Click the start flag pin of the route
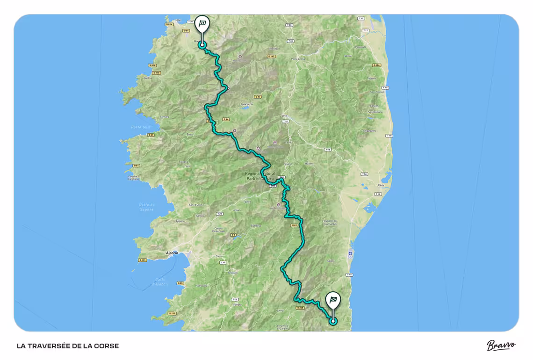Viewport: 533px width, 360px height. coord(202,24)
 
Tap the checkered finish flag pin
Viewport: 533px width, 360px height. coord(333,300)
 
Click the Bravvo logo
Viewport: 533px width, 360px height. coord(501,346)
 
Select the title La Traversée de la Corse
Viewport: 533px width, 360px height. coord(68,346)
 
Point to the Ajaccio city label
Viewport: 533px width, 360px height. coord(172,253)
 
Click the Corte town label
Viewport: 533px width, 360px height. coord(283,115)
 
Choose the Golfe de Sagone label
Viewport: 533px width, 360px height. coord(146,207)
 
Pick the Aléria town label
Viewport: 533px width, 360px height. coord(381,185)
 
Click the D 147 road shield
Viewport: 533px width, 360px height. coord(271,57)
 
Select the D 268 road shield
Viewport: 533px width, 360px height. coord(301,308)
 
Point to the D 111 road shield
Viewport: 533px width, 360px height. coord(142,259)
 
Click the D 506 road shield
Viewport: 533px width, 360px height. coord(377,65)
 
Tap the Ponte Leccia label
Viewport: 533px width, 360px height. coord(298,59)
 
